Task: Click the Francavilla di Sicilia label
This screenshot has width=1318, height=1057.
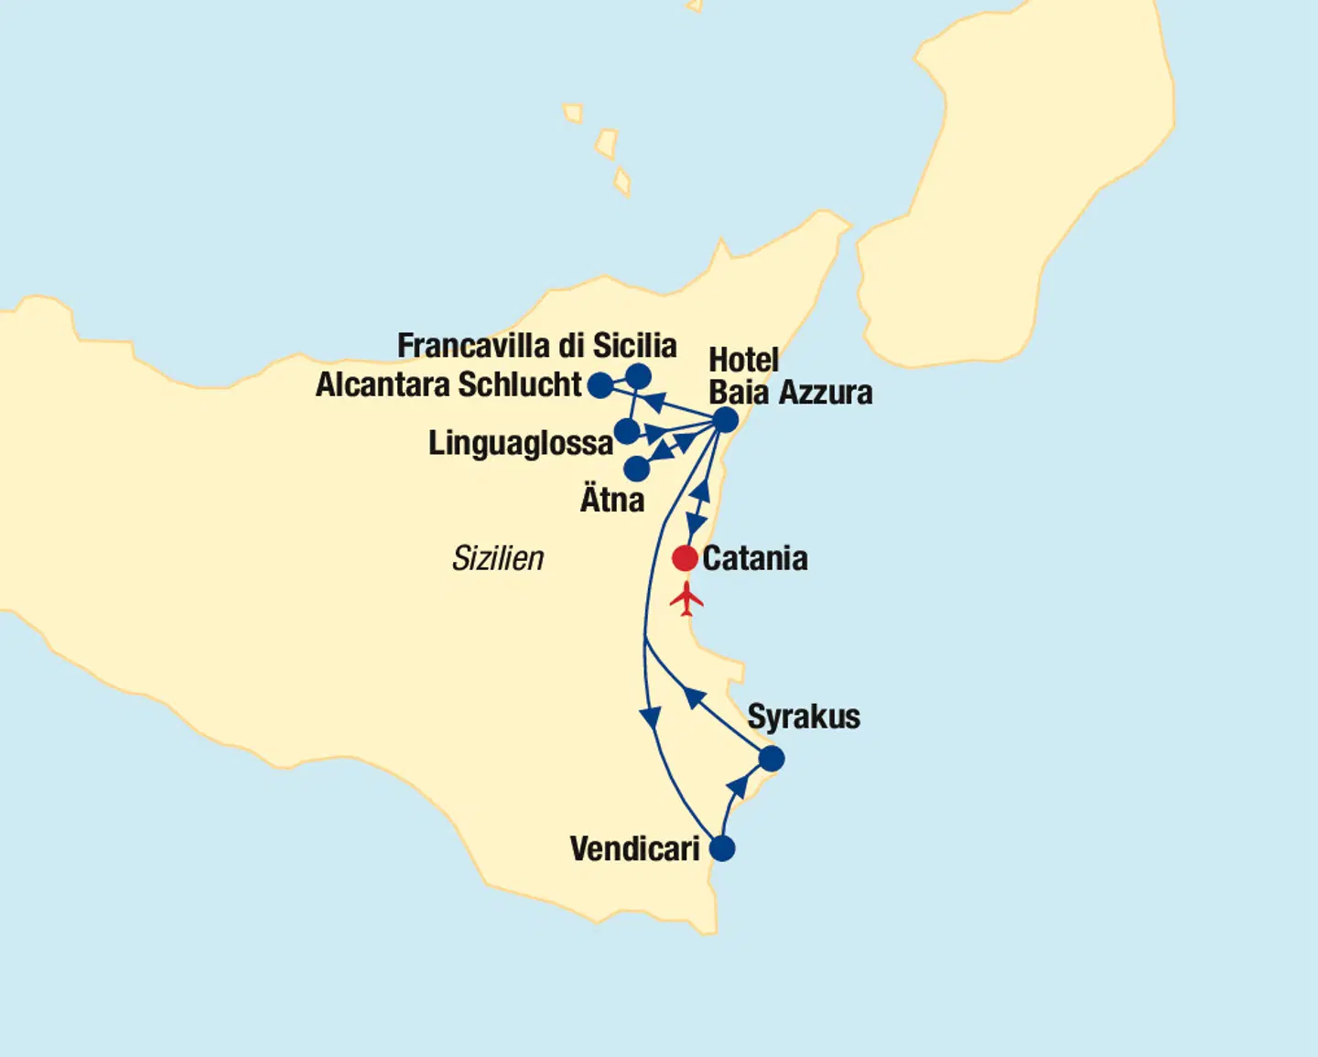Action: [536, 346]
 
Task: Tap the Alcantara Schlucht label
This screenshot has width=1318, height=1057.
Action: [448, 385]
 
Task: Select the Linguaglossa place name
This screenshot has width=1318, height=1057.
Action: [520, 444]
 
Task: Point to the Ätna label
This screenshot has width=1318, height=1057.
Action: [612, 501]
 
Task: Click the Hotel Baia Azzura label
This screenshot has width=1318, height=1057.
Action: [790, 376]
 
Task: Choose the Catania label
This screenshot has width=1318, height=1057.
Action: [754, 558]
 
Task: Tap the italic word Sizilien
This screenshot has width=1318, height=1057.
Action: [498, 558]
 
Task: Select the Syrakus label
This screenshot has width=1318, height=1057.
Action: [804, 717]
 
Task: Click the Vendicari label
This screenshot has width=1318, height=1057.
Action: [634, 849]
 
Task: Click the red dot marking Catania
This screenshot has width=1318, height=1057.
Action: [685, 557]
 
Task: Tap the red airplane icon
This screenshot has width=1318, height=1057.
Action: [686, 599]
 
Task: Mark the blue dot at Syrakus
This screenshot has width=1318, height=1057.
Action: [772, 759]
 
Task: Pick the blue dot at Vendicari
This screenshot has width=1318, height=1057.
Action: [722, 848]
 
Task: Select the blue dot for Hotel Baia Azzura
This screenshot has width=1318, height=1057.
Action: [725, 420]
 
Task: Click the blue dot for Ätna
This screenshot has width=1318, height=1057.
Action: [636, 469]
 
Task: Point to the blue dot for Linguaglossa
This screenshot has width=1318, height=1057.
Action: [627, 431]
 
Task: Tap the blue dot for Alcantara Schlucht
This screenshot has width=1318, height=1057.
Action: [600, 385]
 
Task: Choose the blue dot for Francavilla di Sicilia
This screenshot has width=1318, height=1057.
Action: [638, 376]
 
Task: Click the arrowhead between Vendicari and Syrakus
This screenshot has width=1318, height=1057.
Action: [737, 786]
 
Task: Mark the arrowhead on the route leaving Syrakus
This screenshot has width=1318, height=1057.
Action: [695, 698]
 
